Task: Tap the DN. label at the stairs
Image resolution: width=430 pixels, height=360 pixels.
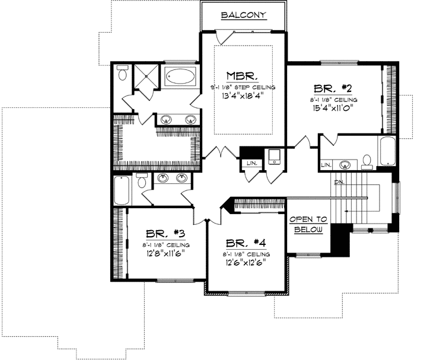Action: [339, 182]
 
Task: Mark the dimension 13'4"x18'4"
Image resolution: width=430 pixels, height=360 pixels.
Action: [243, 95]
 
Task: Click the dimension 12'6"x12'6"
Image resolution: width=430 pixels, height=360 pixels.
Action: [245, 261]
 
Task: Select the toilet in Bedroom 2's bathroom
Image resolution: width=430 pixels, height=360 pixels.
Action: [366, 160]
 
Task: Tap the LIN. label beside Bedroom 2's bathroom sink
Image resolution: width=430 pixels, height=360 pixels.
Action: [326, 164]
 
